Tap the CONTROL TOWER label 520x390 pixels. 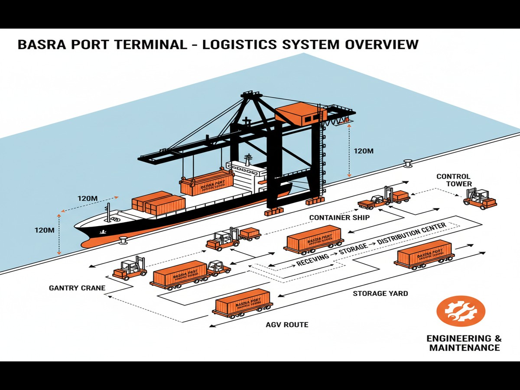click(x=453, y=180)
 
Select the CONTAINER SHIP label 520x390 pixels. click(x=339, y=218)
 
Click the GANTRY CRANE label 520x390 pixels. click(x=77, y=288)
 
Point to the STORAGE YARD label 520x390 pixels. click(x=380, y=293)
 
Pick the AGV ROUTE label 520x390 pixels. click(x=287, y=324)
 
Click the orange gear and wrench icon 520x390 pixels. click(x=461, y=311)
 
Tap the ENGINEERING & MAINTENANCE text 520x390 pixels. click(x=464, y=343)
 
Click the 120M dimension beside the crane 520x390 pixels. click(x=364, y=151)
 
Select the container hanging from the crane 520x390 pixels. click(x=207, y=182)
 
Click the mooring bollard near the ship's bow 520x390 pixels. click(x=123, y=238)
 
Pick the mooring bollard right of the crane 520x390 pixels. click(x=407, y=163)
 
